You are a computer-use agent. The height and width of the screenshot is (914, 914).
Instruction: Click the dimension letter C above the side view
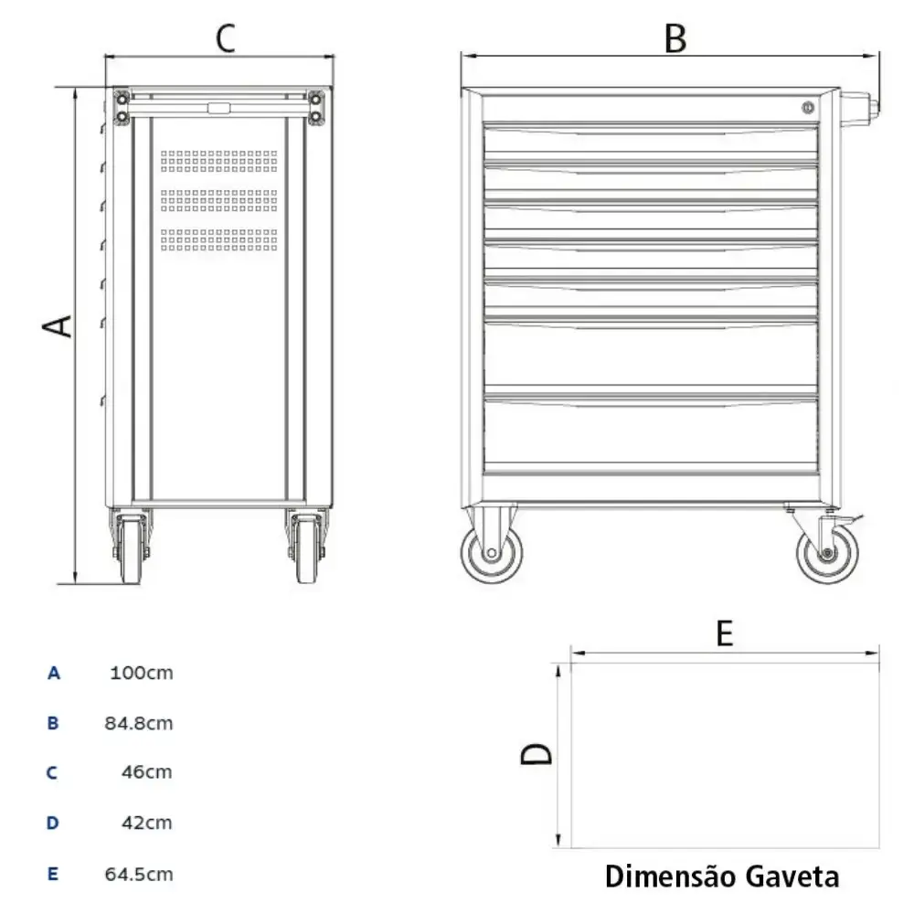point(226,38)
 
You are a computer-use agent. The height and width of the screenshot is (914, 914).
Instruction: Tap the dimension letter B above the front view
point(675,39)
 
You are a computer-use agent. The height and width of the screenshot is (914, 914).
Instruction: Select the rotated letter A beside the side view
point(57,326)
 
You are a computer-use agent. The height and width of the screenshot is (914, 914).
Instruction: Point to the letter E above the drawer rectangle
point(724,633)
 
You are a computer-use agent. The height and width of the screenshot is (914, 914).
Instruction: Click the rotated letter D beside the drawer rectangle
point(537,754)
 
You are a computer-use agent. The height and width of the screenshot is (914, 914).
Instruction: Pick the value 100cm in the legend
point(142,673)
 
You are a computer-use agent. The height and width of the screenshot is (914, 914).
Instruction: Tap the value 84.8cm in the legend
point(139,723)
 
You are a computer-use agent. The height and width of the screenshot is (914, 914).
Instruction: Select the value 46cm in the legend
point(147,772)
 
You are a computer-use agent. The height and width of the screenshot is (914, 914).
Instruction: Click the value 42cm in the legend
point(147,824)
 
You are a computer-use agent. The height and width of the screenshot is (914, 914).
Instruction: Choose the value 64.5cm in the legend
point(139,875)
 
